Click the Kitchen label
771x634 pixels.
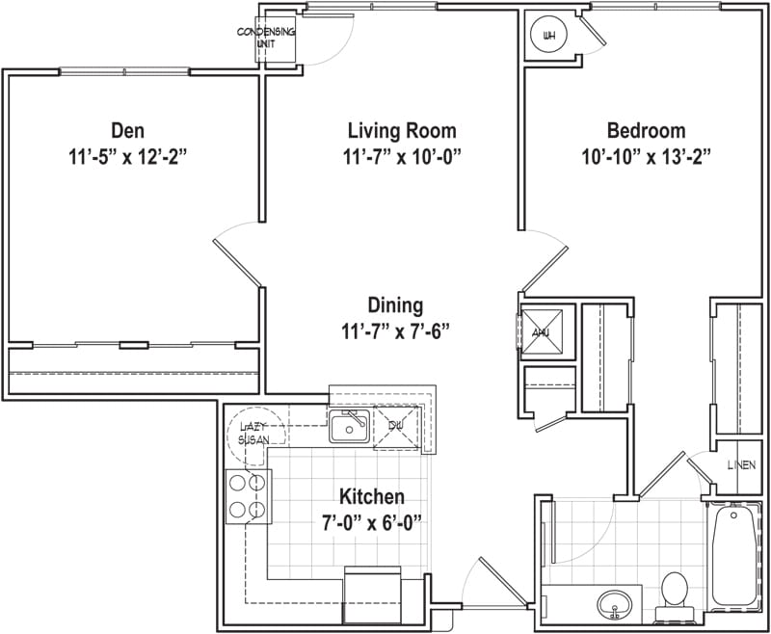(371, 497)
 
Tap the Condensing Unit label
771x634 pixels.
(266, 38)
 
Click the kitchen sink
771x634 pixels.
(348, 425)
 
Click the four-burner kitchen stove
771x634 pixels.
(248, 495)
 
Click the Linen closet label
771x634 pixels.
(740, 465)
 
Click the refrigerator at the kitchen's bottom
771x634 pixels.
(371, 594)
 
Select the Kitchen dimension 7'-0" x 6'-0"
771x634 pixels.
(371, 522)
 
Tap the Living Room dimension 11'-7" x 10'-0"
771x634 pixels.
(401, 156)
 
